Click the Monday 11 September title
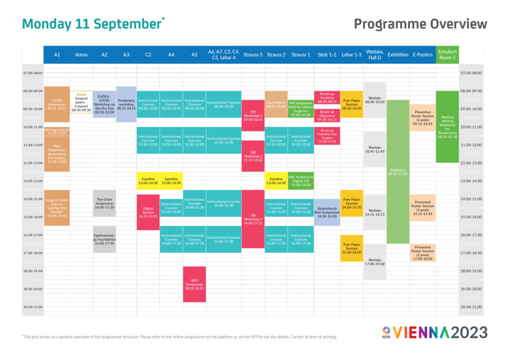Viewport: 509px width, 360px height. tap(92, 24)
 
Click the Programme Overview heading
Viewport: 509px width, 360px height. tap(420, 24)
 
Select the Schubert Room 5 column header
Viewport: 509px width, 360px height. tap(447, 55)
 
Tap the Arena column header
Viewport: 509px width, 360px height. tap(81, 55)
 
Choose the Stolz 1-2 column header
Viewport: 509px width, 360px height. tap(327, 55)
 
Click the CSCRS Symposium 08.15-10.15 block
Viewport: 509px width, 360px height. tap(57, 104)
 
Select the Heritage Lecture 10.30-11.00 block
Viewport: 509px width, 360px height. tap(57, 131)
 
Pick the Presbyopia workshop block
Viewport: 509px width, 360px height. tap(126, 104)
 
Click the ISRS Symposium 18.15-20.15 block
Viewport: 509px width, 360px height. tap(194, 284)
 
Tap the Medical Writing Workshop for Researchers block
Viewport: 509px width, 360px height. tap(447, 126)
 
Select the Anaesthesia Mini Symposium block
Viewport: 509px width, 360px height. tap(327, 212)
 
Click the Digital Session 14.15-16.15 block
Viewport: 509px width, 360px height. tap(148, 212)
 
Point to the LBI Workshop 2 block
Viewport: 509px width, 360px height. tap(253, 156)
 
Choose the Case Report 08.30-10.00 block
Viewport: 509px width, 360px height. tap(276, 104)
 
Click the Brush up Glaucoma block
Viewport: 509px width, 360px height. tap(327, 115)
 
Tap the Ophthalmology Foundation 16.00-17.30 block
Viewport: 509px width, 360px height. tap(104, 239)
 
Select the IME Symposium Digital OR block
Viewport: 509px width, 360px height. tap(300, 180)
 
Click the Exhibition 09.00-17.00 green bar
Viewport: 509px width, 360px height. tap(398, 172)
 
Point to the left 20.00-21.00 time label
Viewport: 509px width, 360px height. tap(33, 307)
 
